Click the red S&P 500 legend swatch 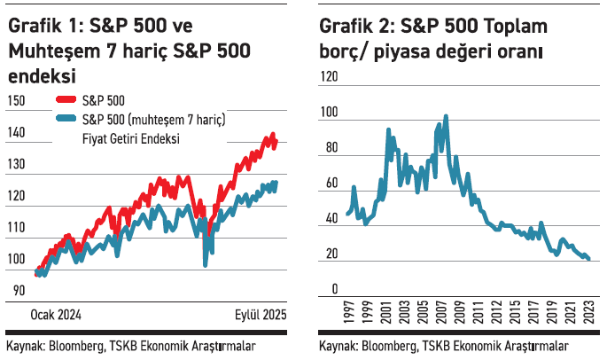click(66, 103)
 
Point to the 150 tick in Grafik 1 click(16, 102)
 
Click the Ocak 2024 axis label click(56, 316)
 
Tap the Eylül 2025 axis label click(261, 316)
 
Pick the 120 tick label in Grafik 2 click(328, 77)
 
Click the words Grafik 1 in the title click(38, 27)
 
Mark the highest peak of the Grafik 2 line click(446, 116)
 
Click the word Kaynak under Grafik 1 click(26, 346)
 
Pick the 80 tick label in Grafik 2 click(331, 148)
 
